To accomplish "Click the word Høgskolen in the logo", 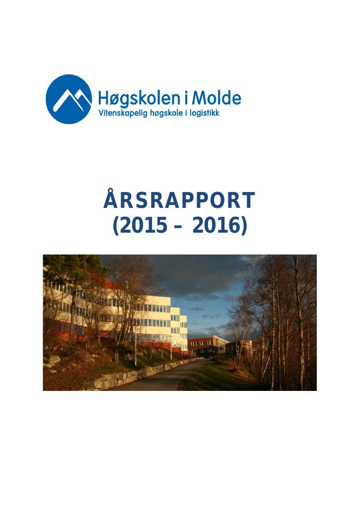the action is click(x=139, y=99).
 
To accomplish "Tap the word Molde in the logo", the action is click(x=216, y=98).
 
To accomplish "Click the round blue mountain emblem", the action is click(x=69, y=99).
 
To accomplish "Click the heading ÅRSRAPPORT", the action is click(x=180, y=200).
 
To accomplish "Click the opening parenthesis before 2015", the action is click(x=116, y=226).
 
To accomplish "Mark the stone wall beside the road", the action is click(x=136, y=374).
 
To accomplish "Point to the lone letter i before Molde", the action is click(x=186, y=98).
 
